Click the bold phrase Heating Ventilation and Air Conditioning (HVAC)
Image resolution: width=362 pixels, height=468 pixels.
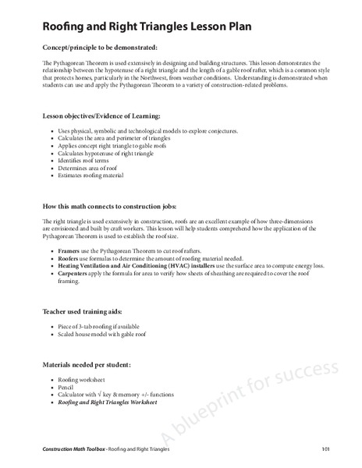(125, 266)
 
